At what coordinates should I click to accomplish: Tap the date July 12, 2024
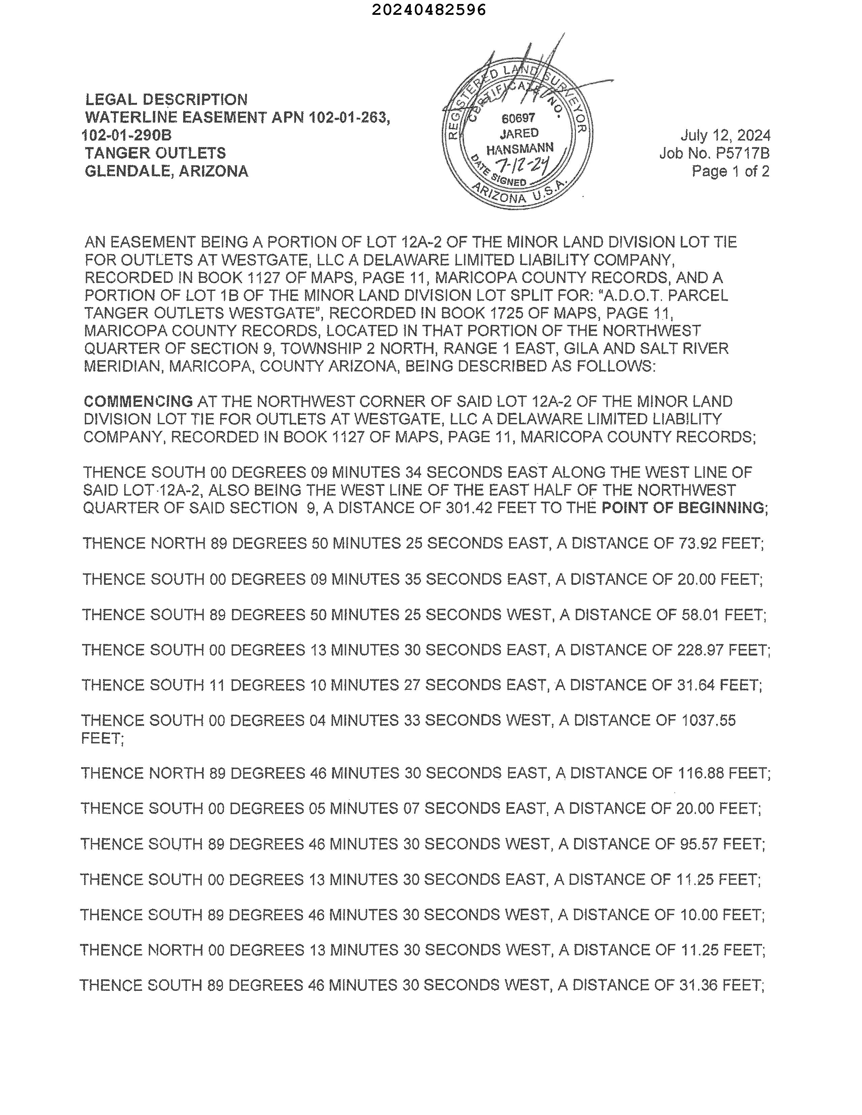pos(725,135)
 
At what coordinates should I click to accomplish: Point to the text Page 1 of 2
pos(730,171)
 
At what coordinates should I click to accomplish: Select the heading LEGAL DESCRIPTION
pos(166,100)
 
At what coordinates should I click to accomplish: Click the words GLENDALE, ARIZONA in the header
pos(166,171)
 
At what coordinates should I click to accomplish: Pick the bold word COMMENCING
pos(138,401)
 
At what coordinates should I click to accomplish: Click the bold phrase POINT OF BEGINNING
pos(683,508)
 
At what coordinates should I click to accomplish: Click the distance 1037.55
pos(709,720)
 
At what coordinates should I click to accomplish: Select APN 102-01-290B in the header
pos(127,135)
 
